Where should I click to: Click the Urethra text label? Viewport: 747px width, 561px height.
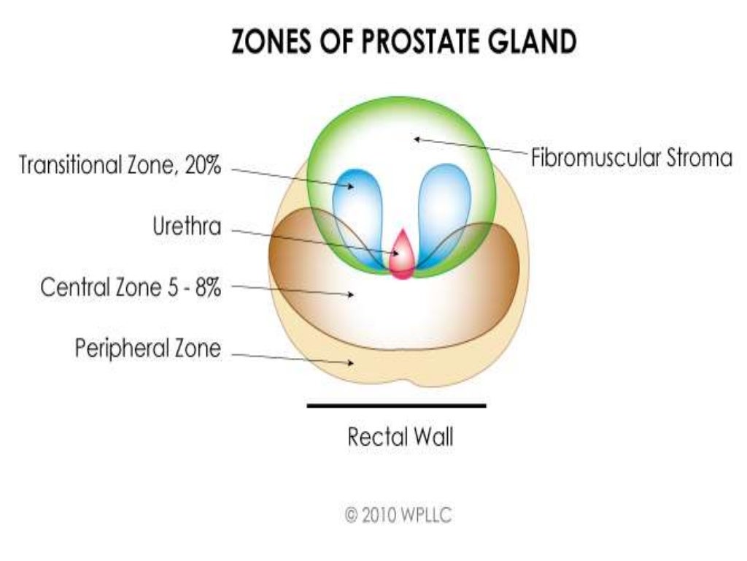pyautogui.click(x=187, y=226)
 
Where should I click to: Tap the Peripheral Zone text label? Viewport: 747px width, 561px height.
pyautogui.click(x=147, y=348)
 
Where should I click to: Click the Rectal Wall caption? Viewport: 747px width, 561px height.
pyautogui.click(x=400, y=438)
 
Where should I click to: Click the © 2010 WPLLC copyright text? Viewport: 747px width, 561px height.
pyautogui.click(x=398, y=515)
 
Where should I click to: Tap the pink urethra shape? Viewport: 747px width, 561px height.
pyautogui.click(x=400, y=256)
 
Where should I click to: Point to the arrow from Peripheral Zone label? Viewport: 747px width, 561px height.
pyautogui.click(x=292, y=358)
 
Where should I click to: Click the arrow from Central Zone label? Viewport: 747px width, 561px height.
pyautogui.click(x=292, y=290)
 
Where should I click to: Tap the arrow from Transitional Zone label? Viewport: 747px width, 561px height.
pyautogui.click(x=292, y=178)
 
